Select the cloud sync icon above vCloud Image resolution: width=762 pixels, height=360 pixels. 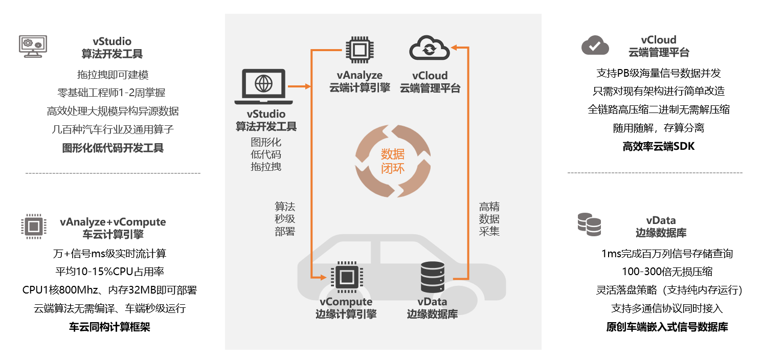click(430, 49)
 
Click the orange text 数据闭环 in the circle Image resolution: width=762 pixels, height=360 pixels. click(392, 161)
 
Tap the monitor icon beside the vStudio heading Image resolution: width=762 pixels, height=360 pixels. click(33, 46)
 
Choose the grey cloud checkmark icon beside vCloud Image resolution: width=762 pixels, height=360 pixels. click(595, 46)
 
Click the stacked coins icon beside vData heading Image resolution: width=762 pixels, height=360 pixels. click(589, 224)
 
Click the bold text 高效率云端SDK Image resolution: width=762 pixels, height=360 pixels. click(659, 147)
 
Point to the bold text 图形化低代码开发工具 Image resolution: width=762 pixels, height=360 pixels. click(113, 148)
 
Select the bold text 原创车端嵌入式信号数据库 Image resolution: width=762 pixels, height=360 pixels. click(667, 327)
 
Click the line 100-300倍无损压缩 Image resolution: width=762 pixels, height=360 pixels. click(667, 272)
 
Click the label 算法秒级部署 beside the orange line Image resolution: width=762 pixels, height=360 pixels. click(285, 219)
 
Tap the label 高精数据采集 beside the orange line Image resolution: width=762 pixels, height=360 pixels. click(489, 219)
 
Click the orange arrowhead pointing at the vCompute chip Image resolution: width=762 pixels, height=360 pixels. click(323, 278)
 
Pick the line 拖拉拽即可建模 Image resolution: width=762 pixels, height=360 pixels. click(113, 75)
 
